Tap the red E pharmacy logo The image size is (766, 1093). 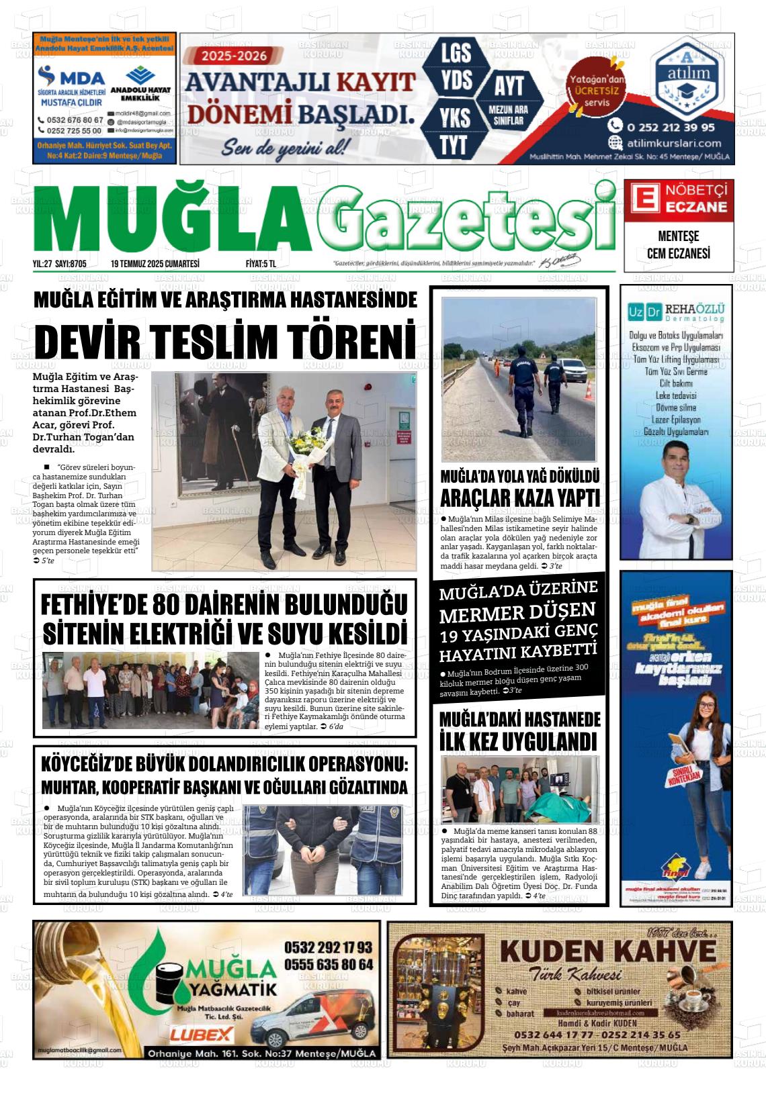[643, 199]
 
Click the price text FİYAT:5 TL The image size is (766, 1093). [261, 264]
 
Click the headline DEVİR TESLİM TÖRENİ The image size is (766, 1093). [225, 341]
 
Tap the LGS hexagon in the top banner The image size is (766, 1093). [456, 52]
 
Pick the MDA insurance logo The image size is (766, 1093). [71, 77]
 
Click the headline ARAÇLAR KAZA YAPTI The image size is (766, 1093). [519, 498]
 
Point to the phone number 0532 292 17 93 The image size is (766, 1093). [328, 947]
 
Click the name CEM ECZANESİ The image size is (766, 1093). [678, 254]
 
